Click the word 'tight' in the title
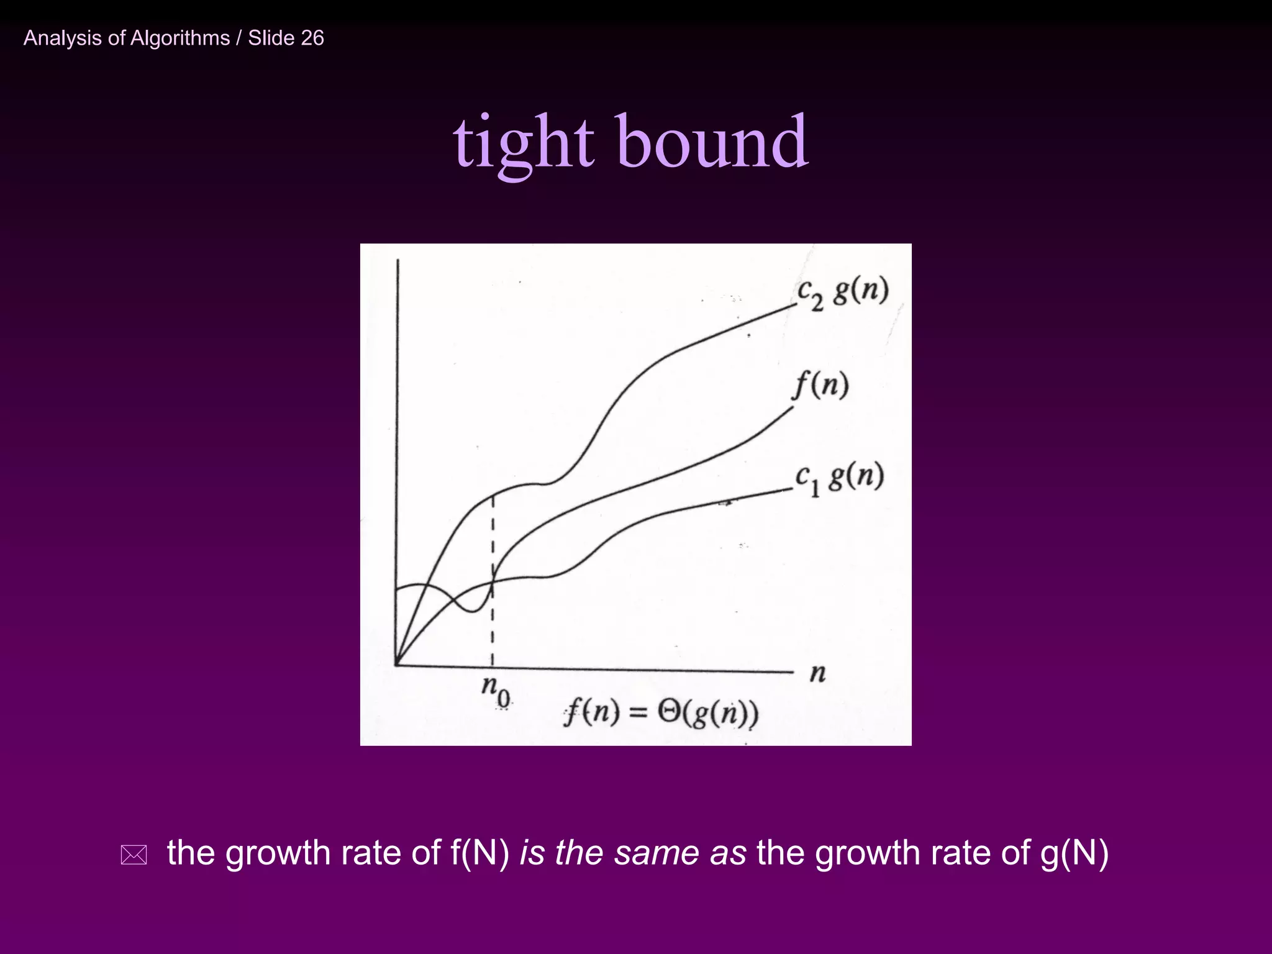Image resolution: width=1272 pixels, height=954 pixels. tap(523, 143)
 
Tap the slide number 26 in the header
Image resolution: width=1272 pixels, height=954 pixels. tap(312, 39)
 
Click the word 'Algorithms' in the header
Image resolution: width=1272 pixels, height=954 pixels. tap(180, 39)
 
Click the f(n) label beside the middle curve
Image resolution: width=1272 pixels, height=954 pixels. tap(820, 385)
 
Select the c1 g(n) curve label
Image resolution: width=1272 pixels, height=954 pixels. tap(839, 479)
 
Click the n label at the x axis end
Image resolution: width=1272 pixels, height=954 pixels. tap(818, 673)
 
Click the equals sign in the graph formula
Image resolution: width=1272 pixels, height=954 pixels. tap(638, 712)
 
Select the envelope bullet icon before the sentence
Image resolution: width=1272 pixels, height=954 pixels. tap(134, 856)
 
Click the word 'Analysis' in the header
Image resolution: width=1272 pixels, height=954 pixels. tap(62, 39)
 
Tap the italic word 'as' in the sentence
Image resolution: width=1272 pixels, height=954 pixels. tap(728, 852)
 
